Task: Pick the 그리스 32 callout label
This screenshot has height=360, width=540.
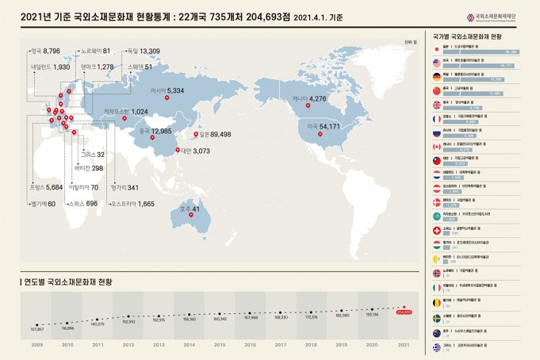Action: coord(92,155)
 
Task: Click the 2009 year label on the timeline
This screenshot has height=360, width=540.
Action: coord(37,346)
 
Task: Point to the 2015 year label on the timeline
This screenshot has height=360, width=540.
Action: coord(220,346)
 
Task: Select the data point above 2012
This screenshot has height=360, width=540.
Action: coord(128,317)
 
